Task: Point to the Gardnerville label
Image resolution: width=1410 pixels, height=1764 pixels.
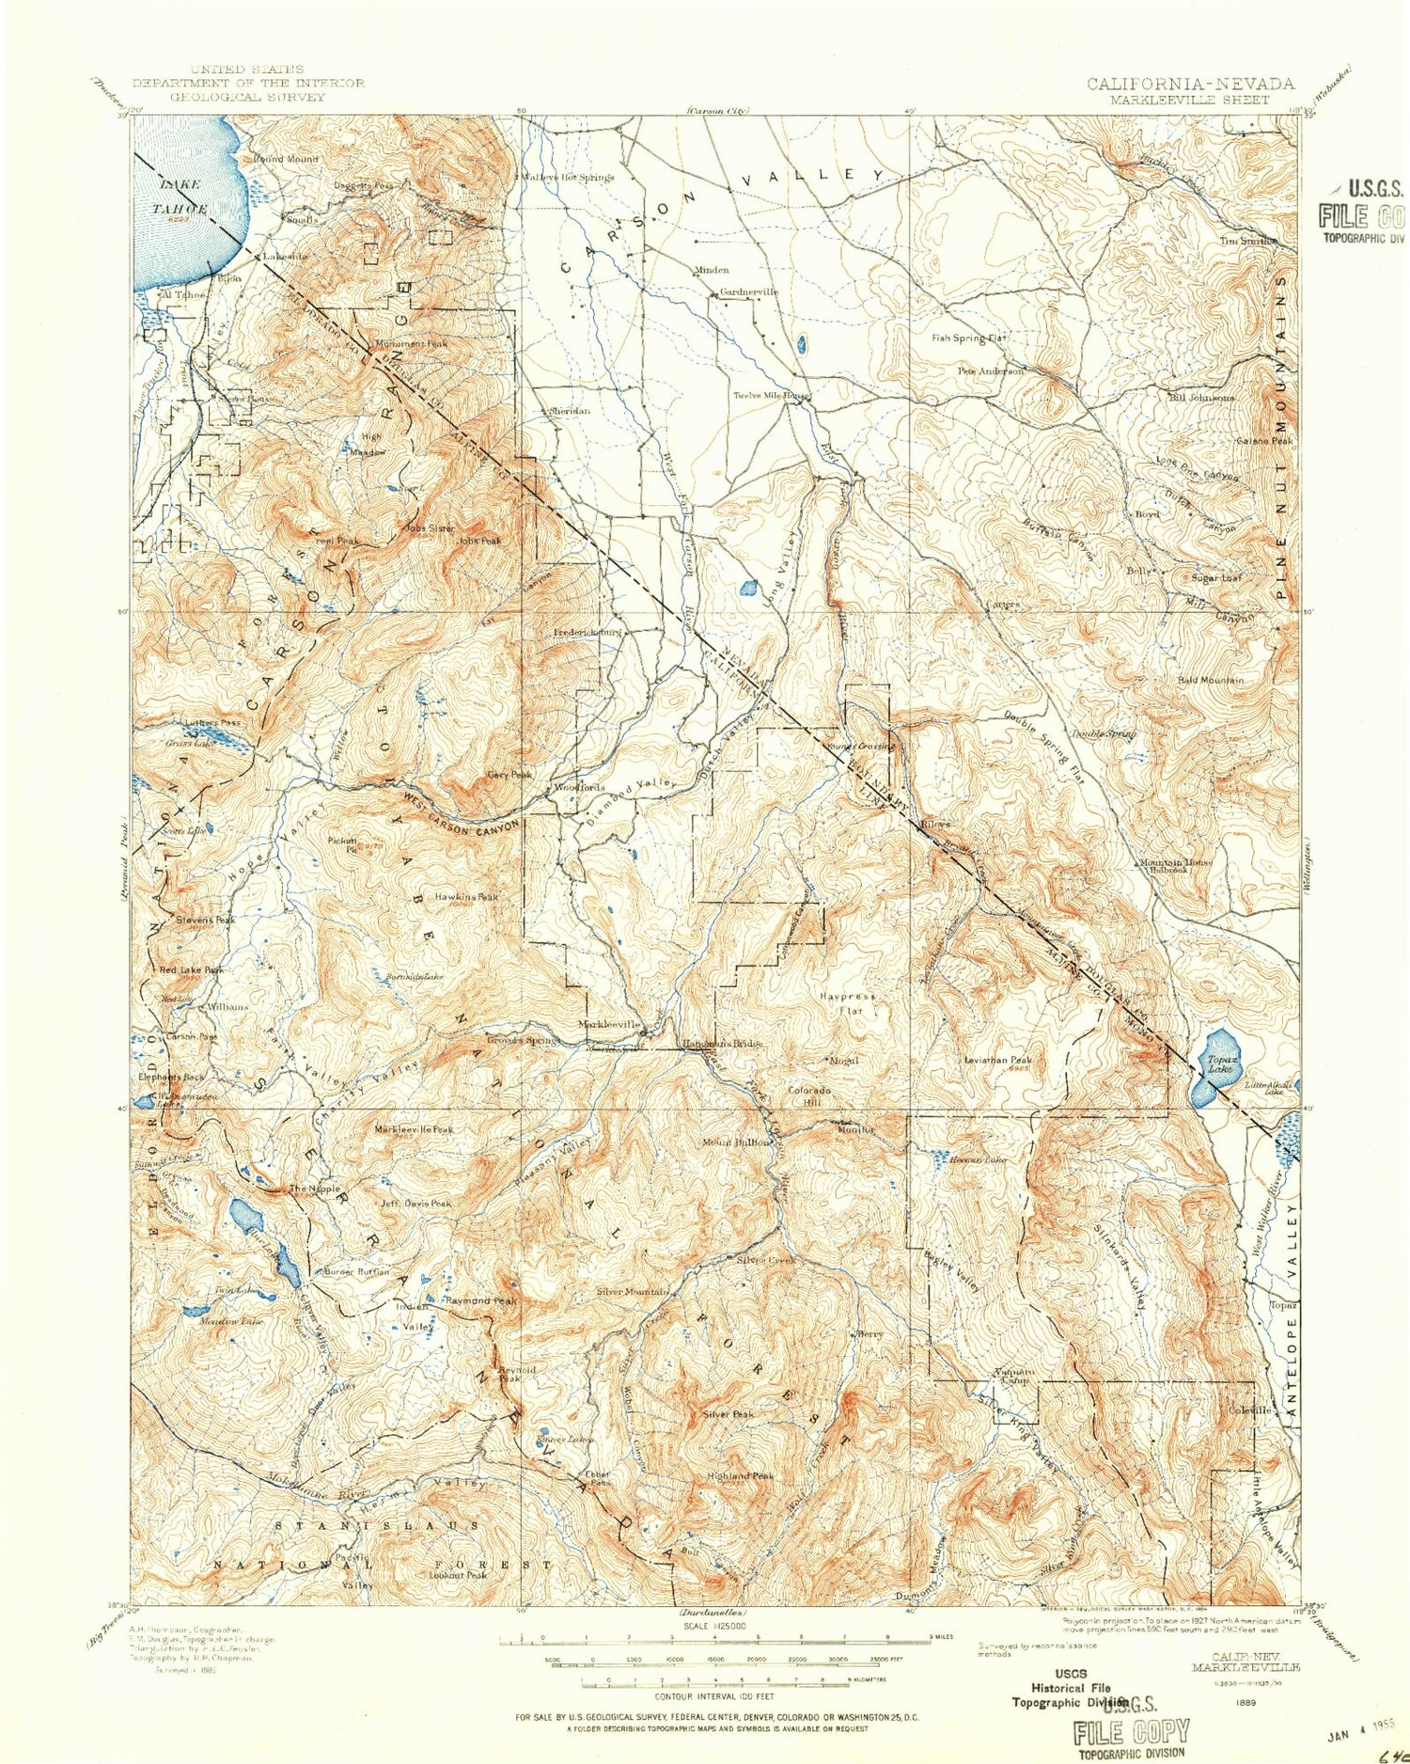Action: (x=750, y=292)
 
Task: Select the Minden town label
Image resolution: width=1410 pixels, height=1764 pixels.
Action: (x=712, y=270)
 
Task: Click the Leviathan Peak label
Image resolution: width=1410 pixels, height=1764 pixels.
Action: (x=998, y=1060)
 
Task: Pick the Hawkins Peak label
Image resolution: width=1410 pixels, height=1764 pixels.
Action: (x=466, y=897)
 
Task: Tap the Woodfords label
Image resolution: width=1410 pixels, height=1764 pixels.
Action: (x=579, y=787)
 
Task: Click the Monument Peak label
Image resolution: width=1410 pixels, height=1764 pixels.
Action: (x=413, y=344)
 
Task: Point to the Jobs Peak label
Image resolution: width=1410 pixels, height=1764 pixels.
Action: (x=479, y=541)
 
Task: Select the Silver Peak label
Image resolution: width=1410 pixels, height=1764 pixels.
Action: (x=728, y=1414)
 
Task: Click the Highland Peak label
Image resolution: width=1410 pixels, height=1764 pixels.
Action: (x=741, y=1476)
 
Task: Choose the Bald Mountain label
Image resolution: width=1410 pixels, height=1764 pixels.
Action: (x=1211, y=680)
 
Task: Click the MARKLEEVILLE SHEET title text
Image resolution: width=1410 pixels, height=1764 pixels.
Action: (x=1189, y=100)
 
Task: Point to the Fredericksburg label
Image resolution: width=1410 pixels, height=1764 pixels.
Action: (x=587, y=633)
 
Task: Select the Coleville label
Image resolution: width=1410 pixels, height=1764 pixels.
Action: (x=1250, y=1410)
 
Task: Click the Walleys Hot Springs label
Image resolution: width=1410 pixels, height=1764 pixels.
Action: (x=568, y=177)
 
